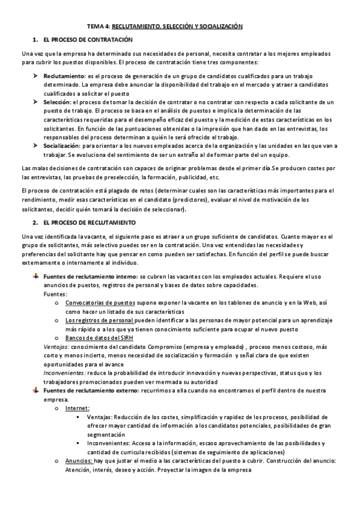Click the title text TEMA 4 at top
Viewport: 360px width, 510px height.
tap(98, 26)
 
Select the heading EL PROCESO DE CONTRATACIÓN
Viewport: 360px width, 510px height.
tap(87, 40)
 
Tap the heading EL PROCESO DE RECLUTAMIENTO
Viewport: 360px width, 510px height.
tap(88, 222)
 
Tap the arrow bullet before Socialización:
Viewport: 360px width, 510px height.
tap(36, 146)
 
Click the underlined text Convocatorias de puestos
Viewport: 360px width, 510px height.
tap(100, 304)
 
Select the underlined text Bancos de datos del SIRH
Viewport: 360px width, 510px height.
tap(99, 338)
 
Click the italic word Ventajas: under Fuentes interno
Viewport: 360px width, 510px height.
tap(56, 347)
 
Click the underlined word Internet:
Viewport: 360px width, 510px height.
tap(78, 408)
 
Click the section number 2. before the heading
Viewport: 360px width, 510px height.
tap(36, 222)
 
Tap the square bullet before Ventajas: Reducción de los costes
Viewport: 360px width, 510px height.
tap(79, 417)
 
